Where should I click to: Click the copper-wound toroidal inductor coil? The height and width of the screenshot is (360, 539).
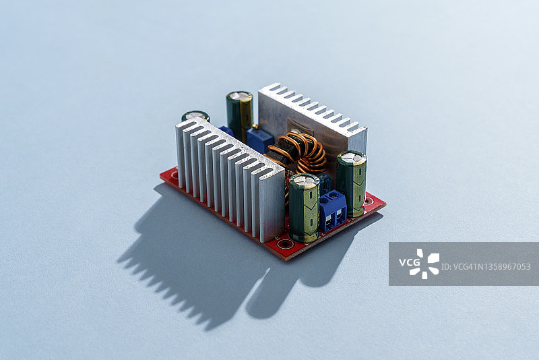(x=298, y=154)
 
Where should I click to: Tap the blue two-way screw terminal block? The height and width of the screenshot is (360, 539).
(x=333, y=210)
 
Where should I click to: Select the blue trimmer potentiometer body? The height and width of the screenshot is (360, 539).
(x=259, y=140)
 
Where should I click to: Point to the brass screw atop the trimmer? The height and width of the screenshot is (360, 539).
(x=255, y=127)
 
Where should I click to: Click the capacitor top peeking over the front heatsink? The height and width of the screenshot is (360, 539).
(x=195, y=115)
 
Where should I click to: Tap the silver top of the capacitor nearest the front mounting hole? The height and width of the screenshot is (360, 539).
(x=304, y=179)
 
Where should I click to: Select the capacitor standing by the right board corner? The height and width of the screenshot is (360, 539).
(x=351, y=183)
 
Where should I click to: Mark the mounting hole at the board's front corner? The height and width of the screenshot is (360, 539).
(x=285, y=244)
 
